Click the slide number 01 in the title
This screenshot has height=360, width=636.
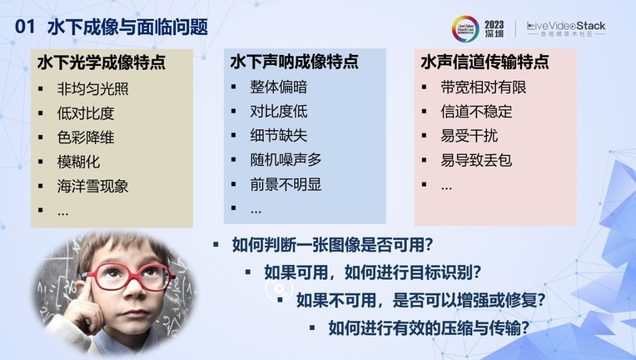[25, 27]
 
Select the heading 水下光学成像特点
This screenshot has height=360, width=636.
[101, 62]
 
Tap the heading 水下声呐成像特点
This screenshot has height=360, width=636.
[294, 62]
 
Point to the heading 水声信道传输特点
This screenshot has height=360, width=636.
[485, 62]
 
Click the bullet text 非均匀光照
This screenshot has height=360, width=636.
[93, 89]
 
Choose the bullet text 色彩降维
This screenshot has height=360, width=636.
[85, 138]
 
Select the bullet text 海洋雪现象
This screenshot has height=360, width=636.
[93, 186]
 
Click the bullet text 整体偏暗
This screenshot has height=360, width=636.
[279, 87]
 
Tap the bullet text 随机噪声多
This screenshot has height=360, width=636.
[286, 160]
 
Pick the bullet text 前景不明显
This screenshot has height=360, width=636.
[286, 184]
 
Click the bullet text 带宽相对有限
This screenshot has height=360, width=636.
[483, 87]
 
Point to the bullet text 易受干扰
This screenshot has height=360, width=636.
[469, 136]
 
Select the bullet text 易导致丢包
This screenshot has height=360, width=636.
[476, 160]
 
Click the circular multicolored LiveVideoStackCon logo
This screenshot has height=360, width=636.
[465, 29]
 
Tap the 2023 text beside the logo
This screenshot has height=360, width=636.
[494, 25]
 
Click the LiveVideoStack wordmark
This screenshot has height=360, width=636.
[567, 26]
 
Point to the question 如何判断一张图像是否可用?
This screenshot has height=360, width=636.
[333, 245]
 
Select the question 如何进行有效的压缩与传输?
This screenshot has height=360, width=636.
[429, 328]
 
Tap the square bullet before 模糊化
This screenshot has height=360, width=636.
[41, 162]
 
